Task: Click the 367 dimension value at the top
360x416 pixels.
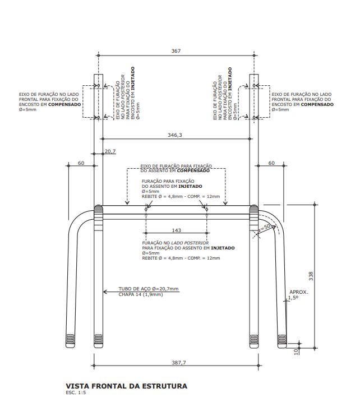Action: (x=176, y=51)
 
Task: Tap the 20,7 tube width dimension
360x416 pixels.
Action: (x=110, y=151)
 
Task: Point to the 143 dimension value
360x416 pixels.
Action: (x=176, y=230)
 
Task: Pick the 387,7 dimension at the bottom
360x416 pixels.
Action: (x=178, y=363)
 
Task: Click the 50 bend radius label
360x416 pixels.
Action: (x=267, y=226)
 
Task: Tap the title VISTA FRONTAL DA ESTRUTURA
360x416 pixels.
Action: (x=127, y=386)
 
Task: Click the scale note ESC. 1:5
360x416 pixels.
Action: (x=76, y=393)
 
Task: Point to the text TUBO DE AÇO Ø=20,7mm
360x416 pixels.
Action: (x=148, y=289)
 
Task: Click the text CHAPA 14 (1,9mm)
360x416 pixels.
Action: (x=140, y=294)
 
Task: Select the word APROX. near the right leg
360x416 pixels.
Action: (x=298, y=292)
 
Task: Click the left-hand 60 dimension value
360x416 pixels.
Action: (x=81, y=163)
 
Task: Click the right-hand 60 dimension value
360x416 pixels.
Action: (x=271, y=163)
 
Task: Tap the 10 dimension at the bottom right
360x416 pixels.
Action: (x=296, y=351)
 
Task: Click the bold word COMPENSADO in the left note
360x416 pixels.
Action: (x=64, y=104)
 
